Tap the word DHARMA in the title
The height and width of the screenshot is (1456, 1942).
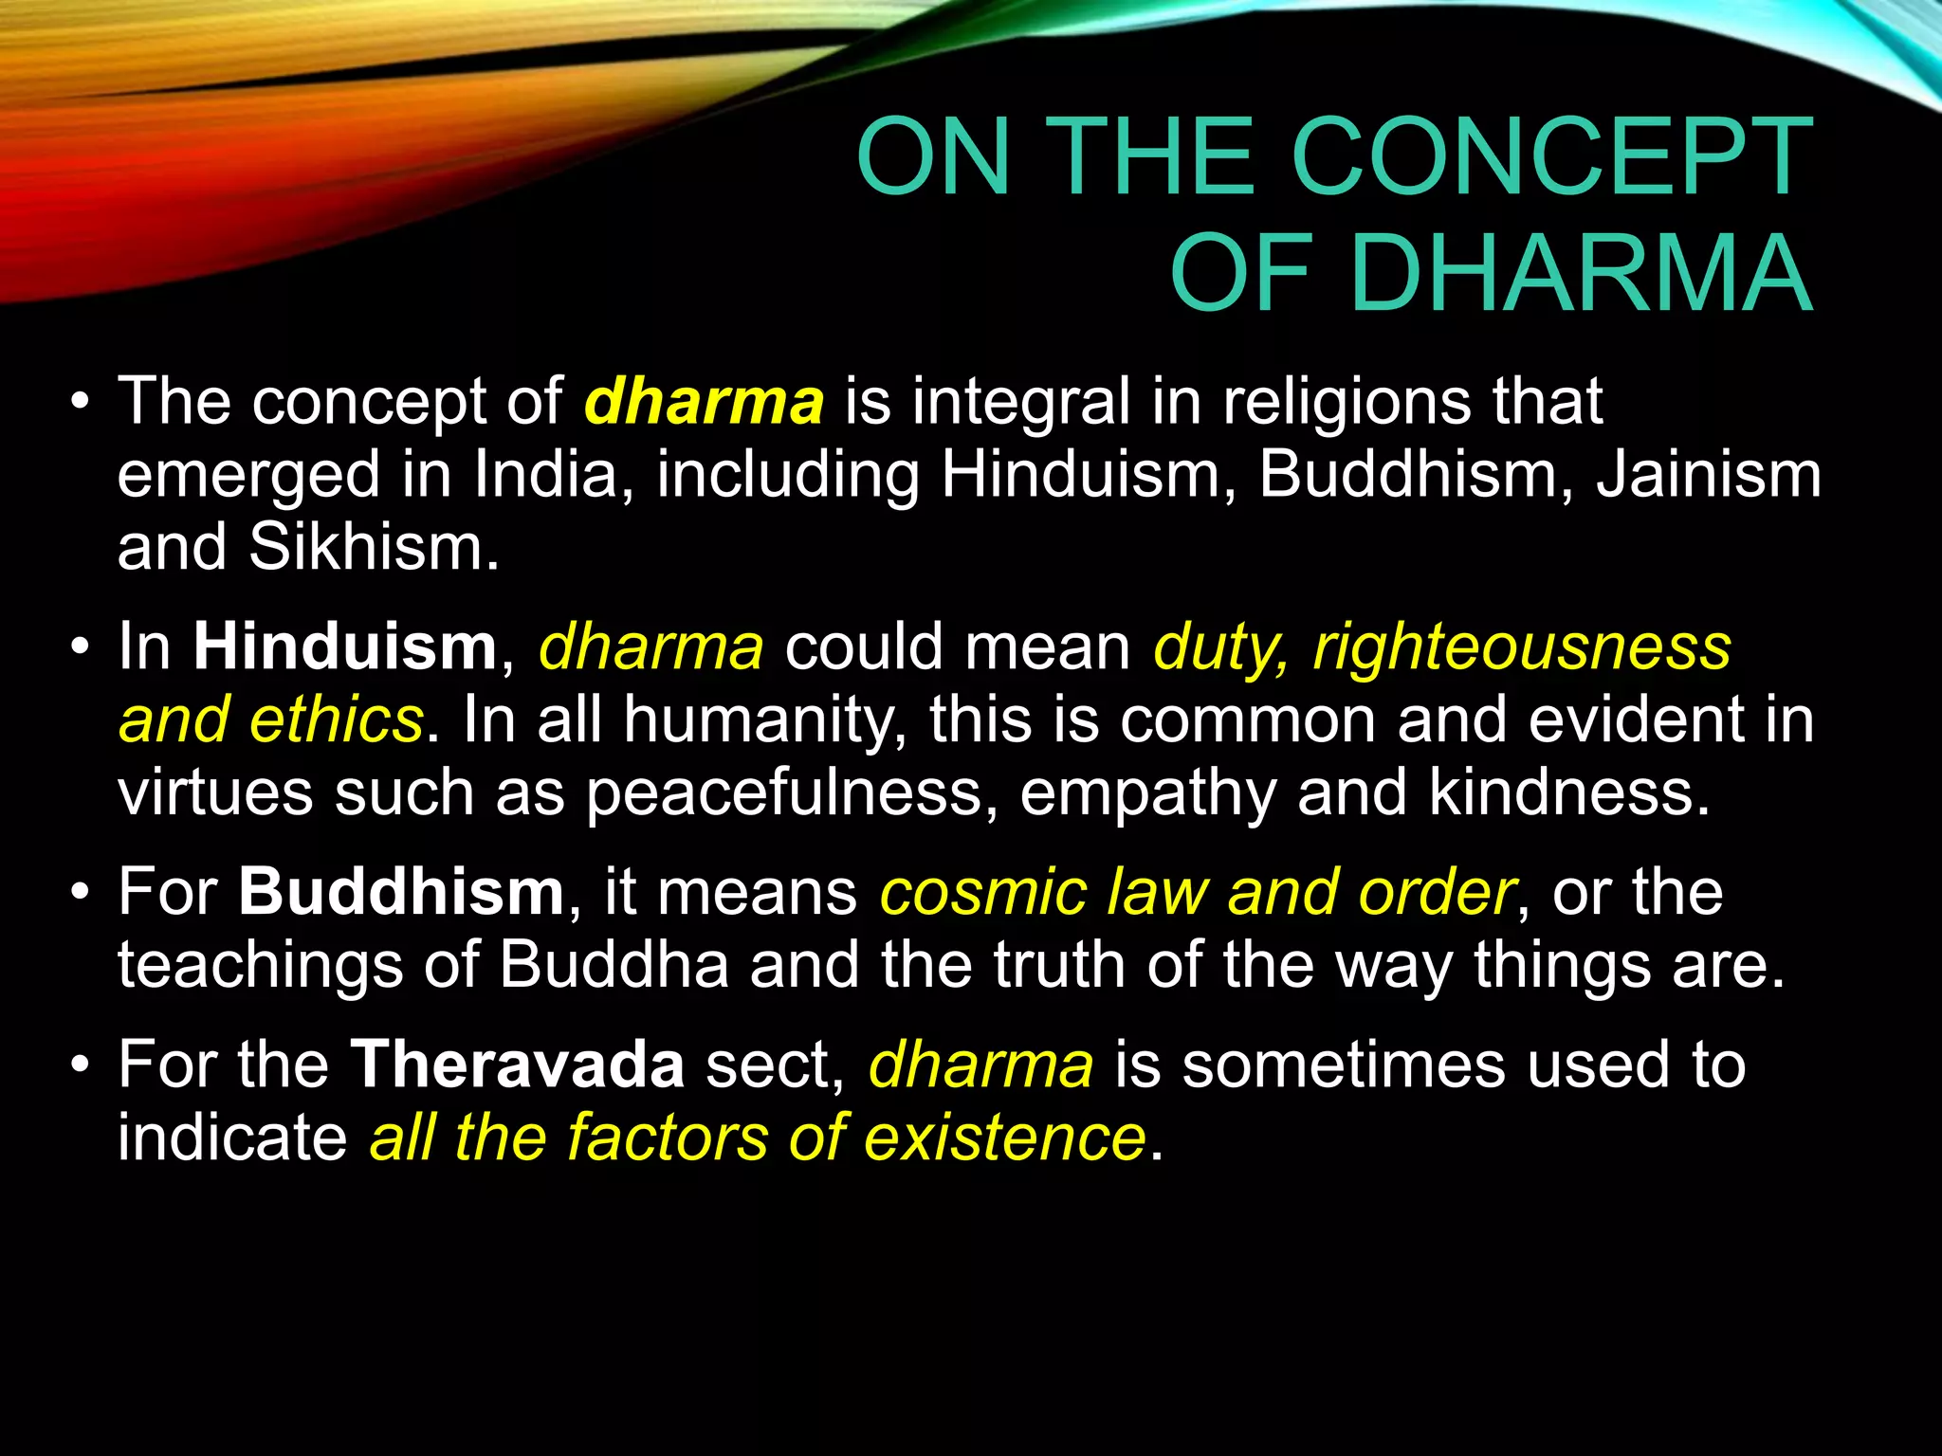[1581, 273]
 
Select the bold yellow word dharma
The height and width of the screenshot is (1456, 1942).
[704, 401]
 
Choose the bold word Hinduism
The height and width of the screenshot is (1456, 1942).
[345, 646]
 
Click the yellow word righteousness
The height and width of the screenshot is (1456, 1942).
[1522, 648]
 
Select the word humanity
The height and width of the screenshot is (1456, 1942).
[759, 720]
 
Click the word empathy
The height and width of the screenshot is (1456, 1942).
[1147, 793]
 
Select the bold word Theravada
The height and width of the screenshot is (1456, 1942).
[518, 1064]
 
